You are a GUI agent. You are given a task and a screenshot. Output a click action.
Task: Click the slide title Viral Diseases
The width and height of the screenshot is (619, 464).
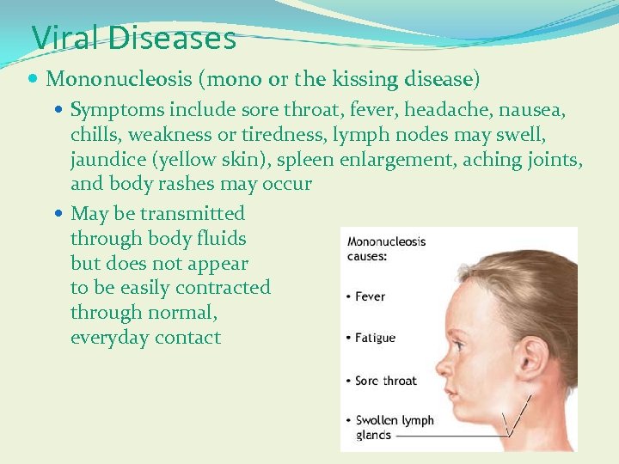(133, 38)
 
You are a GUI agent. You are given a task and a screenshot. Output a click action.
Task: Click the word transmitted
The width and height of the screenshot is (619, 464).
(193, 213)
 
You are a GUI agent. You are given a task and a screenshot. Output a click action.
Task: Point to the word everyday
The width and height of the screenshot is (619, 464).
(109, 338)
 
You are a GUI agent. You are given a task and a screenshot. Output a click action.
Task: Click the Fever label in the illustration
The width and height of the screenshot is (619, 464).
(371, 296)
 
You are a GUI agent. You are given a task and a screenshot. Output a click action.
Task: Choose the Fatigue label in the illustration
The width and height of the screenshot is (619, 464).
(376, 338)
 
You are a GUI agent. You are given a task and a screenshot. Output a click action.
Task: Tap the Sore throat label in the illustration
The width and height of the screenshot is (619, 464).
(386, 380)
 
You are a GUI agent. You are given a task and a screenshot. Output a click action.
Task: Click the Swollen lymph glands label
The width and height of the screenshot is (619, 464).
(394, 428)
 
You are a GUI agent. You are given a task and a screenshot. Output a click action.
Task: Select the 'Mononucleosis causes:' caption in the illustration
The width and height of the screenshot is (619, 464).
(386, 248)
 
